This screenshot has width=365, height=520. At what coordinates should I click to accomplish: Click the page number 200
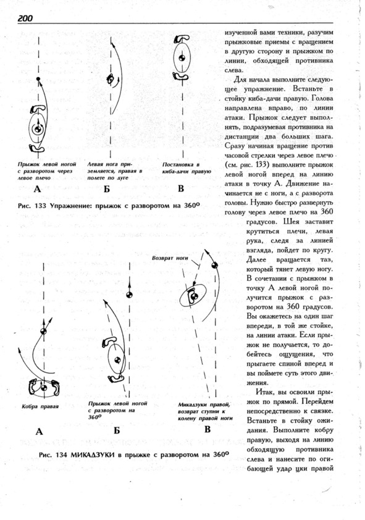(x=25, y=19)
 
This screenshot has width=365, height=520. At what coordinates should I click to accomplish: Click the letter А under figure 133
(x=37, y=189)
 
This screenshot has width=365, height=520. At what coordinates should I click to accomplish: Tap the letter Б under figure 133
(x=106, y=189)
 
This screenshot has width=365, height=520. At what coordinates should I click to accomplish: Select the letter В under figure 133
(x=181, y=188)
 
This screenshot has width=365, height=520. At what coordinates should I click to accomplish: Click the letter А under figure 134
(x=39, y=432)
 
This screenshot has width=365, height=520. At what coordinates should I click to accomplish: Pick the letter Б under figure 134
(x=116, y=430)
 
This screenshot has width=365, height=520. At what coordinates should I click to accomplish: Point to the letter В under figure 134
(x=207, y=429)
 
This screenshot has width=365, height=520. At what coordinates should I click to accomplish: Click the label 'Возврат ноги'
(x=170, y=258)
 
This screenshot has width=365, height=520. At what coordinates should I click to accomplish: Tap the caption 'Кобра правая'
(x=40, y=406)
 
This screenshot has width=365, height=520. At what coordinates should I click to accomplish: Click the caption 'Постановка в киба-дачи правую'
(x=187, y=168)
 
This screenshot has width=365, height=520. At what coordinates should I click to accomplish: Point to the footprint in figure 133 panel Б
(x=111, y=79)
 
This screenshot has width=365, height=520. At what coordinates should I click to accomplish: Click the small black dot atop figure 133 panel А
(x=38, y=79)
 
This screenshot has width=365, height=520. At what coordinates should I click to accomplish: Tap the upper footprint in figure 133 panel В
(x=181, y=39)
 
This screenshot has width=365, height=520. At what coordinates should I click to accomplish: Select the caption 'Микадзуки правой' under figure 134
(x=204, y=405)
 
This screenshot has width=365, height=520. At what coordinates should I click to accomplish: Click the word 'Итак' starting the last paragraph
(x=264, y=392)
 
